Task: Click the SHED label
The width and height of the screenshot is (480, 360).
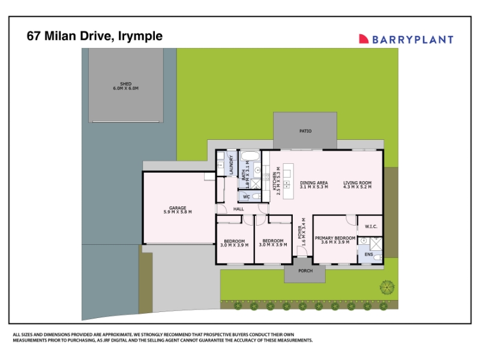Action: point(126,83)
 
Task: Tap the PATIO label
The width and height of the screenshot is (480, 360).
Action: point(305,131)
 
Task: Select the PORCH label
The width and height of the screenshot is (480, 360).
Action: point(305,271)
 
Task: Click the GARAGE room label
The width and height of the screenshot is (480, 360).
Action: point(178,208)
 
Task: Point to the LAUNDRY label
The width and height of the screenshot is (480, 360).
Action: point(232,164)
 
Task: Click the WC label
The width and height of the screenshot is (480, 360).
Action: point(247,197)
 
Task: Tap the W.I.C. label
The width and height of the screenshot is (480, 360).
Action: point(371,227)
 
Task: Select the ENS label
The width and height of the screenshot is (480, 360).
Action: point(369,254)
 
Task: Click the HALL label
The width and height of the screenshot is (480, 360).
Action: point(238,209)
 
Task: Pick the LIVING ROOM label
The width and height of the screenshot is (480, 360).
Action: point(357,183)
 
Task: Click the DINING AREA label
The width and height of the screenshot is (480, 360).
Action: point(314,183)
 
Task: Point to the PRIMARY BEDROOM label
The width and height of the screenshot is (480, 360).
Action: point(335,238)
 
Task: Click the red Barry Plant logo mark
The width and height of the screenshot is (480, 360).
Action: point(364,38)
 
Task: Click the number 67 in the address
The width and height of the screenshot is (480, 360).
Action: point(34,36)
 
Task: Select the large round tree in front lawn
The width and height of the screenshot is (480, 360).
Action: point(387,287)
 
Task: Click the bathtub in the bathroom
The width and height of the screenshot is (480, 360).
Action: point(250,156)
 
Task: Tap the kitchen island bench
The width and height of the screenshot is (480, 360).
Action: point(288,181)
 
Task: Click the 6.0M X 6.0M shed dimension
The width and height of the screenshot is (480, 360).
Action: point(126,88)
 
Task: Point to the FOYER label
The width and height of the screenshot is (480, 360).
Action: point(299,232)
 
